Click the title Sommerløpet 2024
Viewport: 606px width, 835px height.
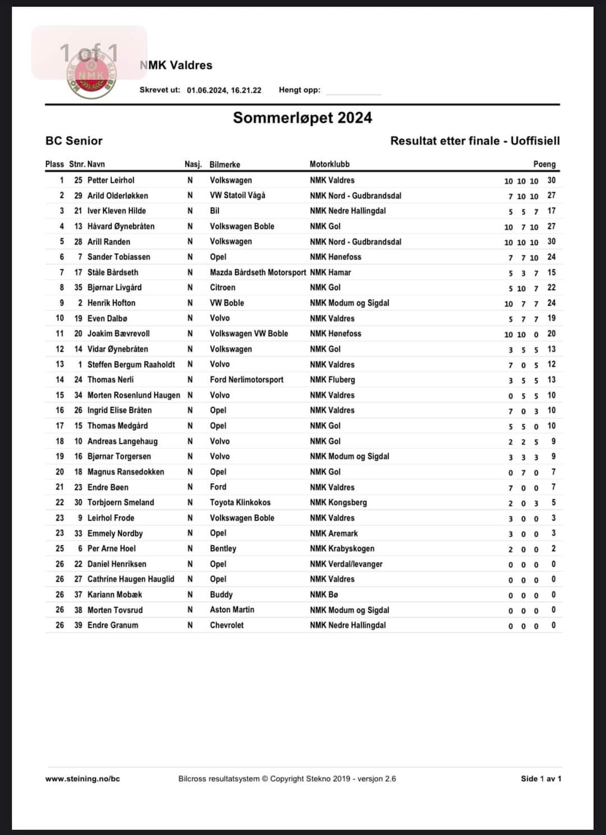302,118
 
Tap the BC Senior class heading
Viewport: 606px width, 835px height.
74,141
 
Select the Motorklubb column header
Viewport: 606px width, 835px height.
329,164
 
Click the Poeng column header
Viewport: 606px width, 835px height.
544,164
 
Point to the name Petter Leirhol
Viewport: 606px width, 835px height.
111,180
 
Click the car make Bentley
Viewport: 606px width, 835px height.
223,548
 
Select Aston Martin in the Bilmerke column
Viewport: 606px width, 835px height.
232,609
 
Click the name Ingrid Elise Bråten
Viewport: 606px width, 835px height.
120,410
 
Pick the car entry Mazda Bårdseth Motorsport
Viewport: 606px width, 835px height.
258,272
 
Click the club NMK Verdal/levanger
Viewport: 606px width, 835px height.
346,564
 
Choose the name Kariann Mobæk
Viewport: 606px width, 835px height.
114,594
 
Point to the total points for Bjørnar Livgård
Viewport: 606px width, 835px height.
552,287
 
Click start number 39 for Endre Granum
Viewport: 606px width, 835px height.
78,625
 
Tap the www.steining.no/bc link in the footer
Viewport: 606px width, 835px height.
82,778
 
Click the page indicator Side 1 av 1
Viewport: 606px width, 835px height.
541,778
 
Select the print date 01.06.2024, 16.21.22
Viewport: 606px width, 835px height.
224,90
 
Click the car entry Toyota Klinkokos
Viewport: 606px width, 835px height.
240,502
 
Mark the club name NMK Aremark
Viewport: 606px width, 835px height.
334,533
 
